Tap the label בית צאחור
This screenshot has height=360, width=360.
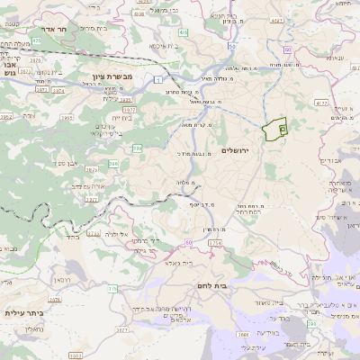pos(270,304)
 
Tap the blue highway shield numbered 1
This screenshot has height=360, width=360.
pos(157,80)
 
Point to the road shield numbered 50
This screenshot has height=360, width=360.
pos(231,45)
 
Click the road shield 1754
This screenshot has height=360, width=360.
pos(214,243)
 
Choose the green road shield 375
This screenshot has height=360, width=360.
pos(113,289)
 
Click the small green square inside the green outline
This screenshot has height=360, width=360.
pos(282,130)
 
